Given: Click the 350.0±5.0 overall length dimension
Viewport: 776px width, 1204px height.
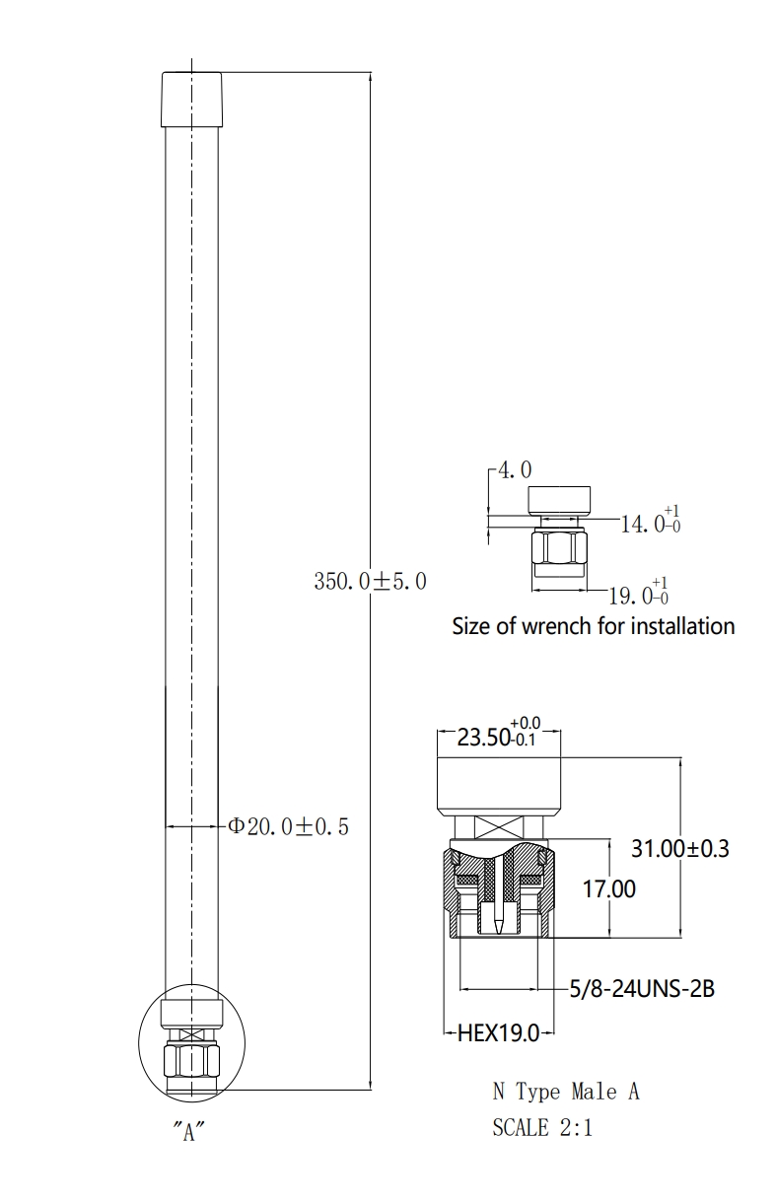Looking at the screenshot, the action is coord(370,581).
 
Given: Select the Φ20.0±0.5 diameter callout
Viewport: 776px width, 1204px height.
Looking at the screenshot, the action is coord(289,825).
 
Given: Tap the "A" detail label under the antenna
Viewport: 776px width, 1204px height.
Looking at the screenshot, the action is coord(188,1131).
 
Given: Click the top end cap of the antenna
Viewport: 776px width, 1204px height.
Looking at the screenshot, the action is coord(192,100).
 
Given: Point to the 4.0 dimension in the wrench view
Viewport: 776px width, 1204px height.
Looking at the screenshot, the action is coord(515,470).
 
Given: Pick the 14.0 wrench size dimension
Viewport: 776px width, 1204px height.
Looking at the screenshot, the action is coord(650,521).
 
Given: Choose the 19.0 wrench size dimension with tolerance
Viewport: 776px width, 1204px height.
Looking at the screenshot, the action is coord(638,593).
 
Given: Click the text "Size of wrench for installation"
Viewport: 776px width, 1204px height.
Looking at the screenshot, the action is coord(594,626).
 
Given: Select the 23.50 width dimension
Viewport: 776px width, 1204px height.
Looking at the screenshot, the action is coord(499,734).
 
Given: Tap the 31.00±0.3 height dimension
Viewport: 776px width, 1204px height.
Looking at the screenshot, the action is coord(680,848).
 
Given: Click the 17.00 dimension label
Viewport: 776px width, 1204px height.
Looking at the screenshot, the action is coord(609,889).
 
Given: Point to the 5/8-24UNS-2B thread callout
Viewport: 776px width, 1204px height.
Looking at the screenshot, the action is coord(642,988).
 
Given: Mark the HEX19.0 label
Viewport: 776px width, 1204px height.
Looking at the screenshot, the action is coord(498,1032).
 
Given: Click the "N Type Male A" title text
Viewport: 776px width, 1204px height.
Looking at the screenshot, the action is coord(566,1092).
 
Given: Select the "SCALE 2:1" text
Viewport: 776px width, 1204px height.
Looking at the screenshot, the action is coord(542,1127).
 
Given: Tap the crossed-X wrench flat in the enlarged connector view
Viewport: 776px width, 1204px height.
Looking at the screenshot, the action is coord(499,826).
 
